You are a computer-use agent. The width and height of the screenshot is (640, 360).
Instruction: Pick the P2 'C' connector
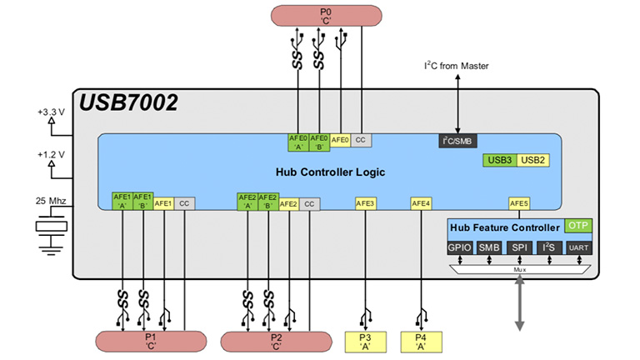pyautogui.click(x=276, y=342)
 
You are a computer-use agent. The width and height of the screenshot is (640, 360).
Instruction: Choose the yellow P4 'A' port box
pyautogui.click(x=420, y=341)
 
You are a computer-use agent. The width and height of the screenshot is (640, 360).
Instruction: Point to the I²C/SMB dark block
pyautogui.click(x=457, y=141)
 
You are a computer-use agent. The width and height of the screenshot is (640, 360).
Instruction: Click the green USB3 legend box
pyautogui.click(x=500, y=159)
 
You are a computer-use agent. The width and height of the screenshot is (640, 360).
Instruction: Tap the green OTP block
pyautogui.click(x=577, y=226)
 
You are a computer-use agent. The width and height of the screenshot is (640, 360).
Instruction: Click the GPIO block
pyautogui.click(x=460, y=247)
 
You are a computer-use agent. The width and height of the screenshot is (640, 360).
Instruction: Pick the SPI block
pyautogui.click(x=518, y=247)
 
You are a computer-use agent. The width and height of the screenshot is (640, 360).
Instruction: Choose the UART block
pyautogui.click(x=578, y=247)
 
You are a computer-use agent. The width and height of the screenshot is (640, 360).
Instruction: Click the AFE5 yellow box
pyautogui.click(x=519, y=202)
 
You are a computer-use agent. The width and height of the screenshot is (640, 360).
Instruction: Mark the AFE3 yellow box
pyautogui.click(x=365, y=202)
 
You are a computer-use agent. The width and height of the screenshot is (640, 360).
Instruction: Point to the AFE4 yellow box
pyautogui.click(x=421, y=202)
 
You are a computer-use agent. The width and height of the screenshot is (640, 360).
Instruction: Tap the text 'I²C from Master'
pyautogui.click(x=457, y=66)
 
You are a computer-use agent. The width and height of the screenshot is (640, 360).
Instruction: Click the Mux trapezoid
pyautogui.click(x=519, y=269)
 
